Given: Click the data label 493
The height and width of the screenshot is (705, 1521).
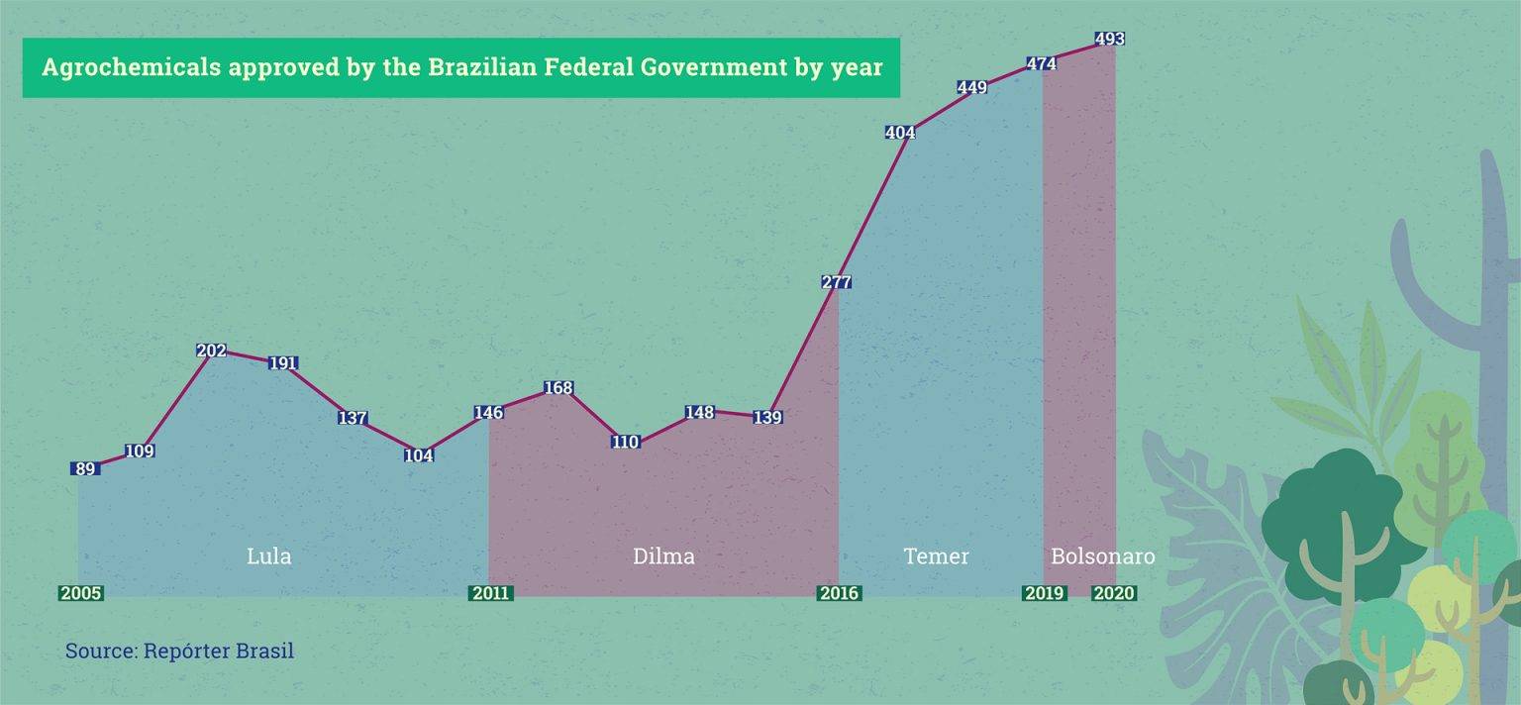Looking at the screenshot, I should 1109,40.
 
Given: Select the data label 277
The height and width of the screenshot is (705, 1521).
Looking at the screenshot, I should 837,282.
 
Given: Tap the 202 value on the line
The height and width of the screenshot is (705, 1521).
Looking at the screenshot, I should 211,351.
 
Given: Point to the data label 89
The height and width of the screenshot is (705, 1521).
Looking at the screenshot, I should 85,469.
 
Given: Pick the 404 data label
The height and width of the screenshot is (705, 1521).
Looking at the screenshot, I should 899,133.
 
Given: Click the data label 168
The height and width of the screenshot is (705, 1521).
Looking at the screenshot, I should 558,388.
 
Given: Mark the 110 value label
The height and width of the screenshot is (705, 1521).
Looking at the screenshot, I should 625,443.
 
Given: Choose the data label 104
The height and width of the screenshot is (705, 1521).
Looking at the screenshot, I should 419,456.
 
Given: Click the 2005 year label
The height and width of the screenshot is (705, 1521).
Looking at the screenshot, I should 80,594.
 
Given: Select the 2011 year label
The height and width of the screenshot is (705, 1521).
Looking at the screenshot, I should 490,594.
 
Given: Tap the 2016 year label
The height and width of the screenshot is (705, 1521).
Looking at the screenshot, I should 838,594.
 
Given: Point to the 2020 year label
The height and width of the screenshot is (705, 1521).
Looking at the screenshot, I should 1113,594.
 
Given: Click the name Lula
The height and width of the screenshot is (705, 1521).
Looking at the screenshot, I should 268,556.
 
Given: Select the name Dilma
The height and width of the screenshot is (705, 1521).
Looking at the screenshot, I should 663,556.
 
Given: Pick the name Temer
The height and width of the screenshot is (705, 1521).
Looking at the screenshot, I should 936,556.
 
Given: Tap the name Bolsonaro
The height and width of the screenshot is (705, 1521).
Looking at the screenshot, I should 1102,556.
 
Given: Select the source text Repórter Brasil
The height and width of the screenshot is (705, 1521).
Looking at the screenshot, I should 218,652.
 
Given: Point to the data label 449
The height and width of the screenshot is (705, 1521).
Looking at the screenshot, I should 972,88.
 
